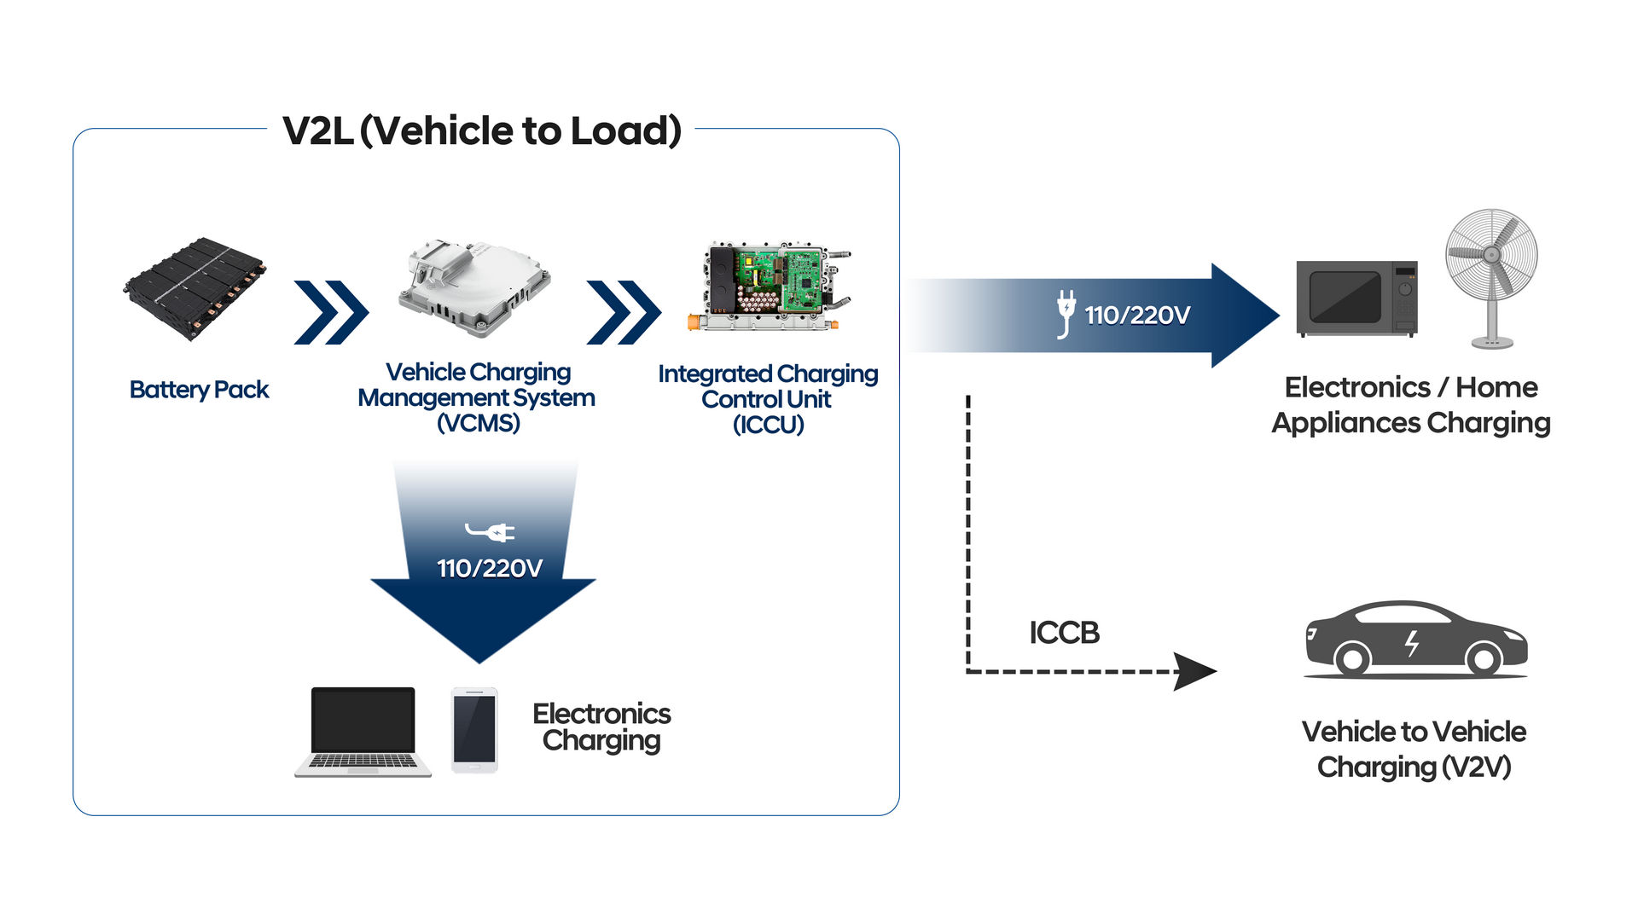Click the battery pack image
coord(195,288)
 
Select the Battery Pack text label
coord(199,390)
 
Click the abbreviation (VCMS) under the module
coord(478,423)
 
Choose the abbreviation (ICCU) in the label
coord(768,425)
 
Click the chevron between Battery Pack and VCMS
coord(330,312)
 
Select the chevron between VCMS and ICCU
coord(623,312)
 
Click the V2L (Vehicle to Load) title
coord(482,131)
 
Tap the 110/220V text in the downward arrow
coord(490,569)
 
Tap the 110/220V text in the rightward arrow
coord(1136,316)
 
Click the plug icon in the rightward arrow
coord(1066,313)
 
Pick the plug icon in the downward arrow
coord(491,532)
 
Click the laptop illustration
coord(363,731)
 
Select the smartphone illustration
coord(474,730)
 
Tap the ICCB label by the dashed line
coord(1064,633)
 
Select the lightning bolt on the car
coord(1412,643)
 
